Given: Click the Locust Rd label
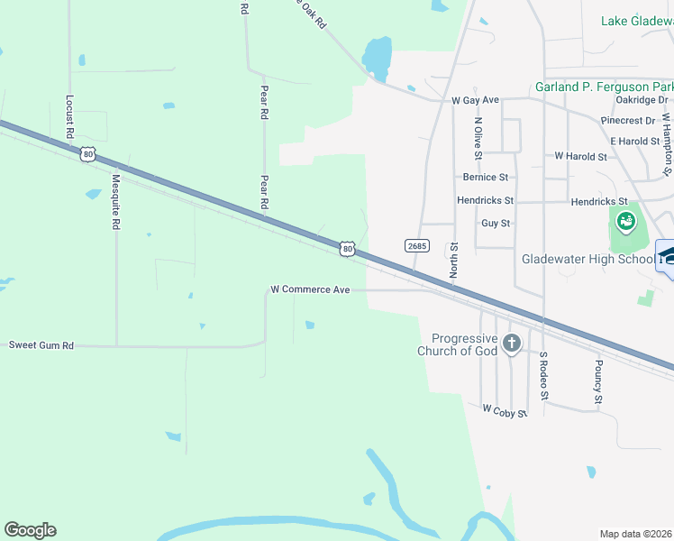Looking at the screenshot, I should (x=69, y=117).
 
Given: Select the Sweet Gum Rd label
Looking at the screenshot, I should (x=41, y=345).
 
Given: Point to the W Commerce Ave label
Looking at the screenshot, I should (x=310, y=290).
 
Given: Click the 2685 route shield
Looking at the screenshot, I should (x=416, y=245).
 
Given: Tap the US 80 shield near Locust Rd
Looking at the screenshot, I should (x=87, y=154).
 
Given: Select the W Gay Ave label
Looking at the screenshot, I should (x=475, y=100).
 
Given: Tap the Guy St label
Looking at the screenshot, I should (x=496, y=223).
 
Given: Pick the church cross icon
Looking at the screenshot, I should (x=512, y=343).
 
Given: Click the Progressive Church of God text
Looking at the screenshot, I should (x=459, y=344).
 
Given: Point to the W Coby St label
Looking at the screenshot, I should (x=503, y=409).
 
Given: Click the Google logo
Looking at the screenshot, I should (x=30, y=530).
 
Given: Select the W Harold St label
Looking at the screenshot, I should (x=580, y=156).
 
